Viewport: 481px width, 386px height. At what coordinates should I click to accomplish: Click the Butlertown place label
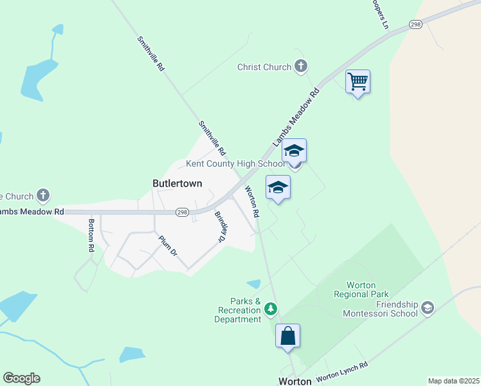click(x=177, y=183)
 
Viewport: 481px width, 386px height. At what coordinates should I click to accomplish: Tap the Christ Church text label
click(x=264, y=67)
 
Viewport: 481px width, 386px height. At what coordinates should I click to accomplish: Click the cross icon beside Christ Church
click(x=300, y=66)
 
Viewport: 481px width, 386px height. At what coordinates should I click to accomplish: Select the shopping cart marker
click(x=358, y=82)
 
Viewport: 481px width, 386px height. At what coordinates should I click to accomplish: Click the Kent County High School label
click(x=235, y=164)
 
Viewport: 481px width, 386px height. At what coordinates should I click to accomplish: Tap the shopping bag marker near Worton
click(x=287, y=336)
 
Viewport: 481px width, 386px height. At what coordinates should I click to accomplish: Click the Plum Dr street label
click(x=168, y=246)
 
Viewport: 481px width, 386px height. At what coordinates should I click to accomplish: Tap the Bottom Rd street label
click(x=91, y=235)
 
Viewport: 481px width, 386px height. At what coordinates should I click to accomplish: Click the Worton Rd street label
click(x=251, y=201)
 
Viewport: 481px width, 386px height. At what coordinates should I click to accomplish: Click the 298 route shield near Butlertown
click(x=183, y=212)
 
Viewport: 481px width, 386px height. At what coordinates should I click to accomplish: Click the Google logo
click(x=21, y=378)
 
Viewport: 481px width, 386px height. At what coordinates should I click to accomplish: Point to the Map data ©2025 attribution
click(x=453, y=381)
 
